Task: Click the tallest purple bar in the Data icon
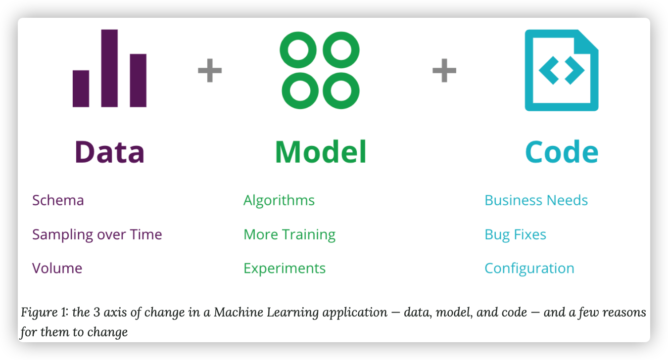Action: click(x=109, y=68)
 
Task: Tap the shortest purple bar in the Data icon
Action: click(x=81, y=89)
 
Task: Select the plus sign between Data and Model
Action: click(x=210, y=70)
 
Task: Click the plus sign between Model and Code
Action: click(x=444, y=70)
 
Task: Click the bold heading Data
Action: click(x=109, y=152)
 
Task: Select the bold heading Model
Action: click(x=320, y=152)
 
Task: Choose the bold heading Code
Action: click(x=562, y=152)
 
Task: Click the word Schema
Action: click(x=58, y=200)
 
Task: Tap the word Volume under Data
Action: click(x=57, y=268)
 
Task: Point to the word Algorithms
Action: click(x=279, y=200)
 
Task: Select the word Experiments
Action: click(x=285, y=269)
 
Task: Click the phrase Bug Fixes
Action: click(x=515, y=234)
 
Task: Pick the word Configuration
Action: click(x=529, y=269)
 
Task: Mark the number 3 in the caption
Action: click(x=96, y=313)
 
